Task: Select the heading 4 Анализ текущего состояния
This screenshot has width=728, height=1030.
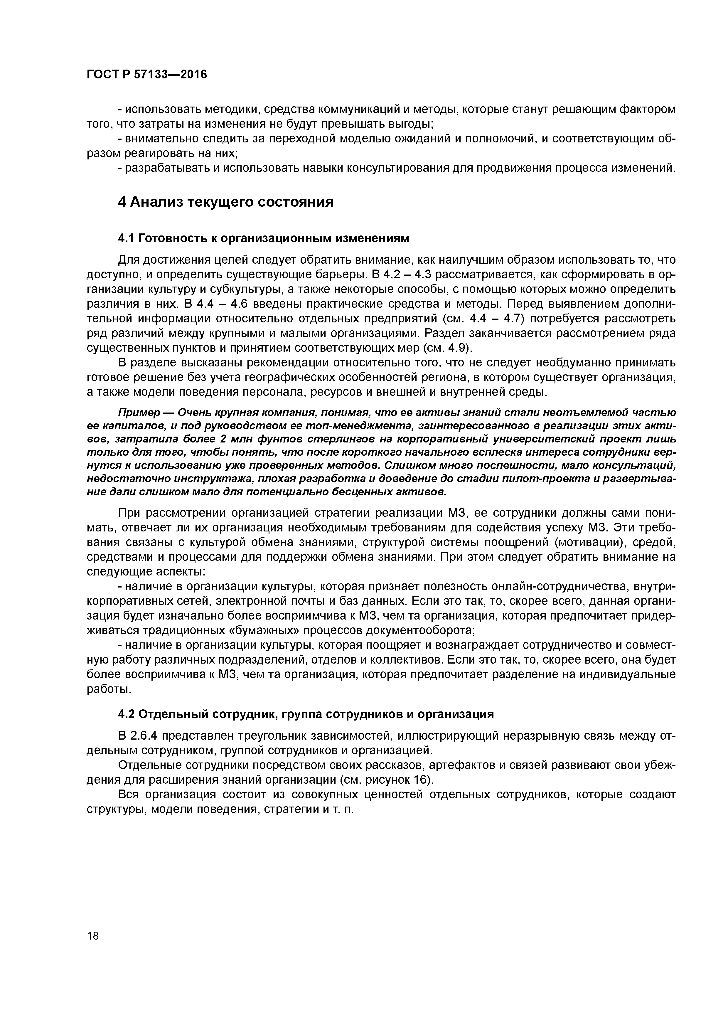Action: point(226,202)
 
